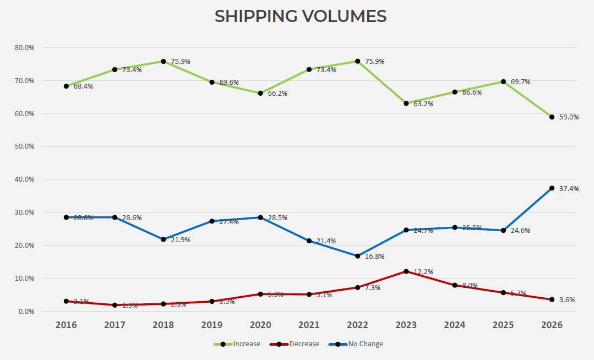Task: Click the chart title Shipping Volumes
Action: [300, 17]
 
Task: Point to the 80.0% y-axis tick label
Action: [24, 48]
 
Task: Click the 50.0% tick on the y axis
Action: [24, 146]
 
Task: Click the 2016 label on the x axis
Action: [66, 325]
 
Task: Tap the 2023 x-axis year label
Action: [406, 325]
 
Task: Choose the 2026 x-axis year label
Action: [552, 325]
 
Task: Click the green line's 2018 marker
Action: [164, 61]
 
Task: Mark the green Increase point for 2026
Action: [552, 117]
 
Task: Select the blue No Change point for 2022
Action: [358, 256]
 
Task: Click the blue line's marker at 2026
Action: [552, 188]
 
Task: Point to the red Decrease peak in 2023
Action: [406, 271]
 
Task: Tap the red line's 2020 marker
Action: [260, 294]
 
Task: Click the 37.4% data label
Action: [569, 189]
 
